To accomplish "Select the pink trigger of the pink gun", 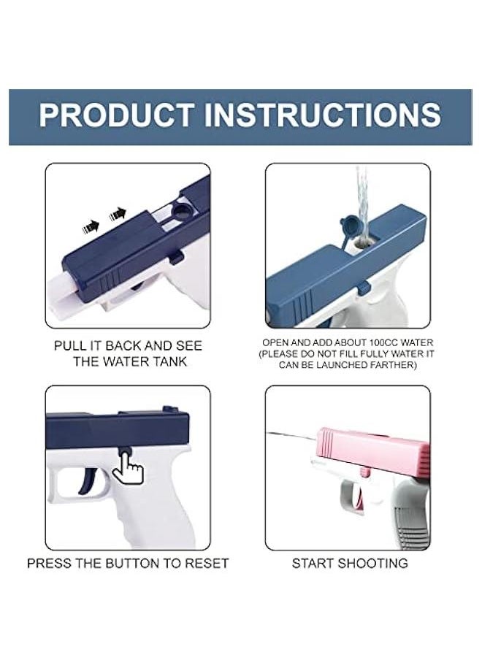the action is coord(359,496).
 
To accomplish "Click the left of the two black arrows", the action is coord(91,227).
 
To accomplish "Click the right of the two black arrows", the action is coord(118,215).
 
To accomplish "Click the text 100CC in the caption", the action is coord(383,343).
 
